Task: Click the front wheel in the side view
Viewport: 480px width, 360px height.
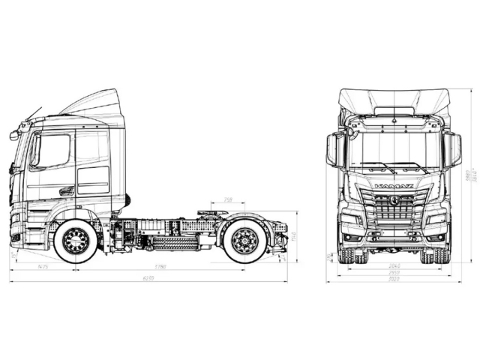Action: (x=76, y=240)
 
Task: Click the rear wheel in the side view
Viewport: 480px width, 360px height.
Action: (x=244, y=240)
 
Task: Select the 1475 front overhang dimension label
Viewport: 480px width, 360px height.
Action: (x=43, y=266)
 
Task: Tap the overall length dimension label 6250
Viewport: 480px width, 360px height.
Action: (x=148, y=278)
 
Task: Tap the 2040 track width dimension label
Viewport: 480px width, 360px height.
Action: (x=394, y=266)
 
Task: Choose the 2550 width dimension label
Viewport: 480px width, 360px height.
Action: (x=394, y=272)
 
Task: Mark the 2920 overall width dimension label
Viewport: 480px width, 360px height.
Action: (x=394, y=279)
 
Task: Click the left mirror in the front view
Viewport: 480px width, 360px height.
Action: (x=334, y=150)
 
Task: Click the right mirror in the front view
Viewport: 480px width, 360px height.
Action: (x=453, y=150)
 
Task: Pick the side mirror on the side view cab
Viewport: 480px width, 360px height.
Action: (x=13, y=136)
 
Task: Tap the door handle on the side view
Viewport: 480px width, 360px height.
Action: (x=66, y=191)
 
